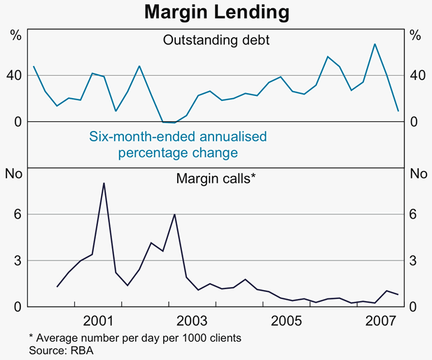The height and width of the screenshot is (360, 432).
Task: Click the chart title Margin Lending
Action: coord(215,12)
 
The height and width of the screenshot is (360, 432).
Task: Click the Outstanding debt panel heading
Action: coord(216,40)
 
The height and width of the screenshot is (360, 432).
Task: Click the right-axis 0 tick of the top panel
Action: coord(414,122)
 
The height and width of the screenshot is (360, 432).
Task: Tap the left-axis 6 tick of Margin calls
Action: coord(18,214)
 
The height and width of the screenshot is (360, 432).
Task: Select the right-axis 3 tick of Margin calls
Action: coord(414,261)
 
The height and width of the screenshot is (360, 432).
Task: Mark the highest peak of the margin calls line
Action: coord(104,184)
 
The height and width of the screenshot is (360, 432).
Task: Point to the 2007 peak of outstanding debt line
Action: coord(375,44)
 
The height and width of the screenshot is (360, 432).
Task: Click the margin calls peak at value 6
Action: coord(174,214)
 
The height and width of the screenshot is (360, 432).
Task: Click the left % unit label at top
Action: coord(15,35)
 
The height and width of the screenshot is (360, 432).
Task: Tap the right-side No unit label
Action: coord(417,174)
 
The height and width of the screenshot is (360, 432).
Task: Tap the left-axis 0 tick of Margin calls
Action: coord(18,307)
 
